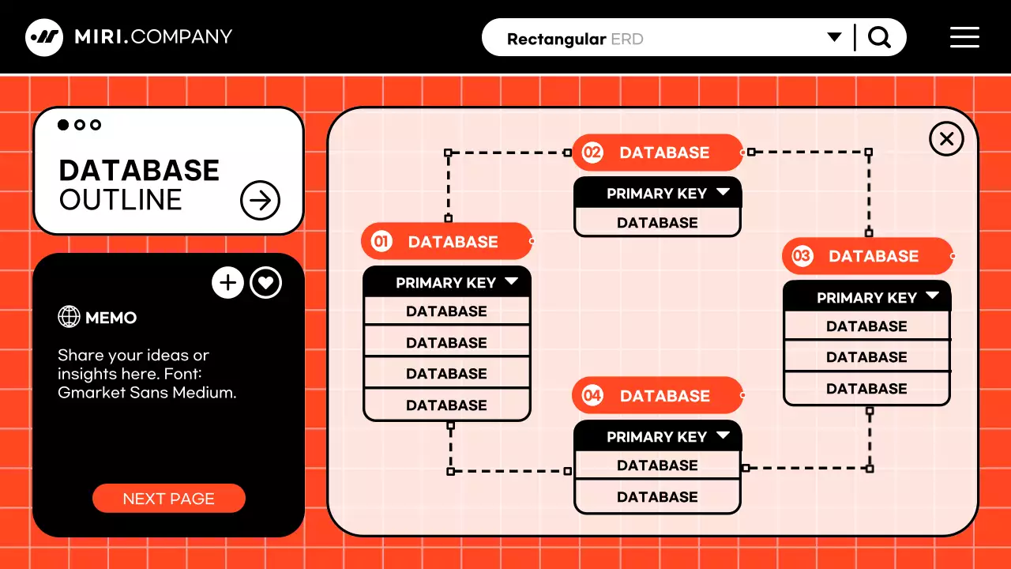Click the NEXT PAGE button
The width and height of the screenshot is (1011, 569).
(x=168, y=499)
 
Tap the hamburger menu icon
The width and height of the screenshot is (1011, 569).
(x=964, y=37)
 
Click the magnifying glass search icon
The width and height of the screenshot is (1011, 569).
(x=879, y=37)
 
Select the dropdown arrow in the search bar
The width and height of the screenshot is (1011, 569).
(x=834, y=37)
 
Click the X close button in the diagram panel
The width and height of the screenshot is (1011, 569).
(x=946, y=139)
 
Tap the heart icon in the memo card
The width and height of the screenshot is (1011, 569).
(x=266, y=283)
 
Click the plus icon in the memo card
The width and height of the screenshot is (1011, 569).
(x=227, y=283)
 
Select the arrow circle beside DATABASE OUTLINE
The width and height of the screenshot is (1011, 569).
(x=260, y=201)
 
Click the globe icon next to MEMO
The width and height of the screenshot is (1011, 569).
(x=70, y=317)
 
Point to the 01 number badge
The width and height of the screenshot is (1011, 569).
(x=381, y=242)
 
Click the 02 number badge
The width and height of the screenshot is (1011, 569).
(x=592, y=153)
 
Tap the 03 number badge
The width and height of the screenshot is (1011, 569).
(x=802, y=256)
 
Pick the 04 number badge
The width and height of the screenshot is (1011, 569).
(x=592, y=396)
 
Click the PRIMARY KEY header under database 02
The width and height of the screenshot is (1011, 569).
(x=657, y=193)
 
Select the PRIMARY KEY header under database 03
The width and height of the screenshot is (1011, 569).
(x=866, y=297)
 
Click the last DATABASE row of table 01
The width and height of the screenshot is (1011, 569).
(x=446, y=405)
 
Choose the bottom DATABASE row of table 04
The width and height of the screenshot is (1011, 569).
(x=657, y=497)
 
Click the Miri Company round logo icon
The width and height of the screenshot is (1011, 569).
(x=44, y=37)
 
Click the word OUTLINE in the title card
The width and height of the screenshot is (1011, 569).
(x=120, y=201)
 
